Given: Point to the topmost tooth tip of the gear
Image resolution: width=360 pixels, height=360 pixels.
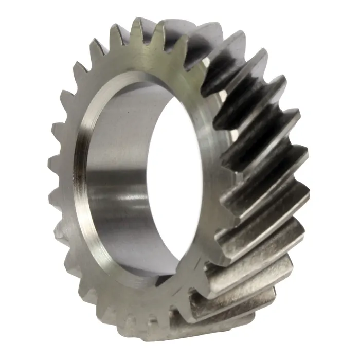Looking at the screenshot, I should [x=138, y=23].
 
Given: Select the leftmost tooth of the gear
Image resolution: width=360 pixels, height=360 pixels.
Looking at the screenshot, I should [x=52, y=164].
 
